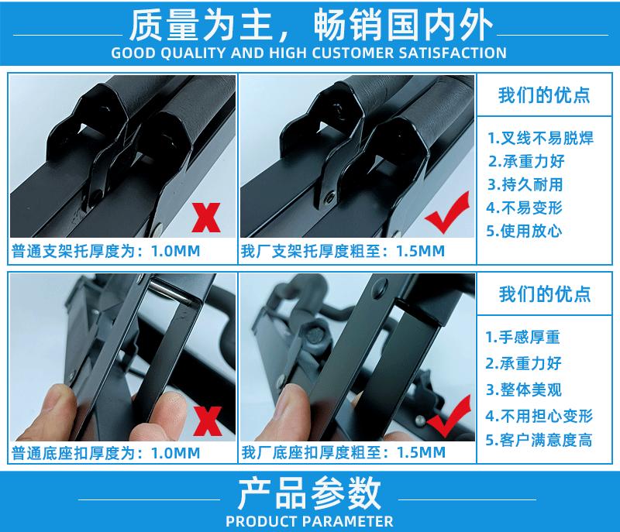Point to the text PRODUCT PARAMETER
click(310, 520)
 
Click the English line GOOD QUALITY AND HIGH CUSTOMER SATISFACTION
click(310, 53)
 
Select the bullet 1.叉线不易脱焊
click(540, 139)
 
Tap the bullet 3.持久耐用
click(525, 184)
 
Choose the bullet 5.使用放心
click(525, 230)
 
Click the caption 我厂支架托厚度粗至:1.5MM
click(343, 251)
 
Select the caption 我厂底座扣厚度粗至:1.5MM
click(343, 452)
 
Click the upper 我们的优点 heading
click(544, 95)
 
